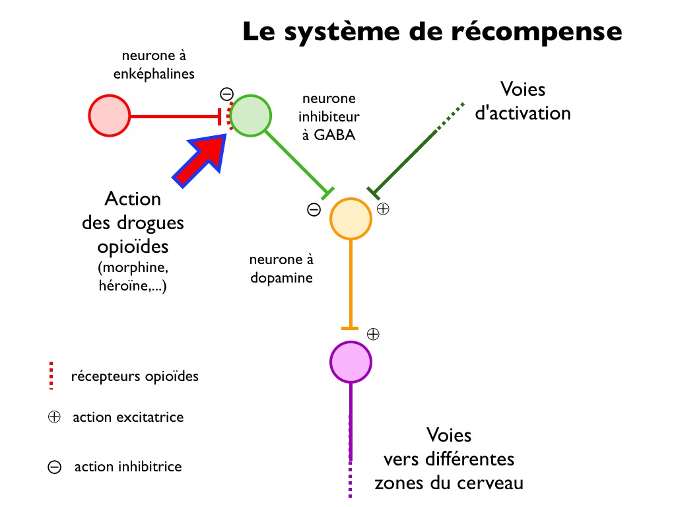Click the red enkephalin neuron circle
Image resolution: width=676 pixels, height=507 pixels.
pos(109,117)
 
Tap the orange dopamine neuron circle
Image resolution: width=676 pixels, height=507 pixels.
pos(351,219)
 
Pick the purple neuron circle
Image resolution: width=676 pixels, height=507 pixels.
pos(351,360)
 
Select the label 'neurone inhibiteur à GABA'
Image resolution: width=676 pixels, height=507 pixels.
pos(329,118)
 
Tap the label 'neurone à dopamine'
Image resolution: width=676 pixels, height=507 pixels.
pos(281,268)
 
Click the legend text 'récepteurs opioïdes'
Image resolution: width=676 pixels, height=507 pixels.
pos(135,377)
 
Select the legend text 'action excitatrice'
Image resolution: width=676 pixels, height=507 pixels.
pos(128,417)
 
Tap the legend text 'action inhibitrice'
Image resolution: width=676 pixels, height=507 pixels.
pos(128,467)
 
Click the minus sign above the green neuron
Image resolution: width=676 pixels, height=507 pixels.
pos(226,94)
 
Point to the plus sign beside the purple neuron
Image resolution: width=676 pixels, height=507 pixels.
pos(373,334)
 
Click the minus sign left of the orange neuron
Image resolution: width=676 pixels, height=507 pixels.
pos(314,210)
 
